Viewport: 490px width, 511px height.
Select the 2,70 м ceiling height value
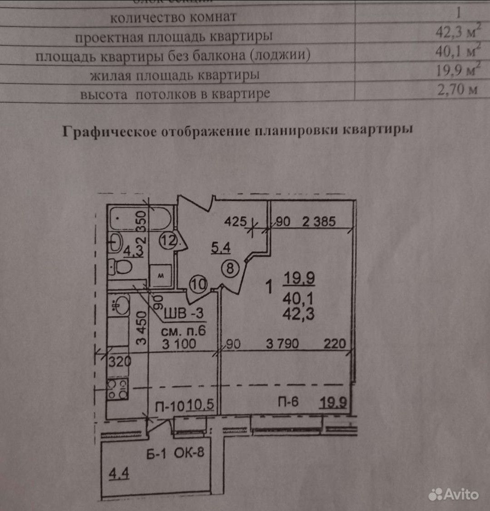tap(456, 89)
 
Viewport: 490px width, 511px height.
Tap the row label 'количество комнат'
tap(173, 17)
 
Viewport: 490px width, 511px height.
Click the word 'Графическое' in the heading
tap(109, 131)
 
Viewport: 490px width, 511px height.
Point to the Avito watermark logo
tap(454, 494)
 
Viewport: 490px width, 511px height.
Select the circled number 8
tap(230, 268)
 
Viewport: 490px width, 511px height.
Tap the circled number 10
tap(198, 284)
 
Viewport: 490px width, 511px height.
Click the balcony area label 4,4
tap(119, 474)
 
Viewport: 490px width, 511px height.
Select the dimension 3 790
tap(282, 343)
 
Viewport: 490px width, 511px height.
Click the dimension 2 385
tap(319, 221)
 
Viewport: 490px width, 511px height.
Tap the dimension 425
tap(236, 222)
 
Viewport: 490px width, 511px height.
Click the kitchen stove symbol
tap(118, 389)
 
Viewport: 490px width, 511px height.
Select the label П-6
tap(288, 402)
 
